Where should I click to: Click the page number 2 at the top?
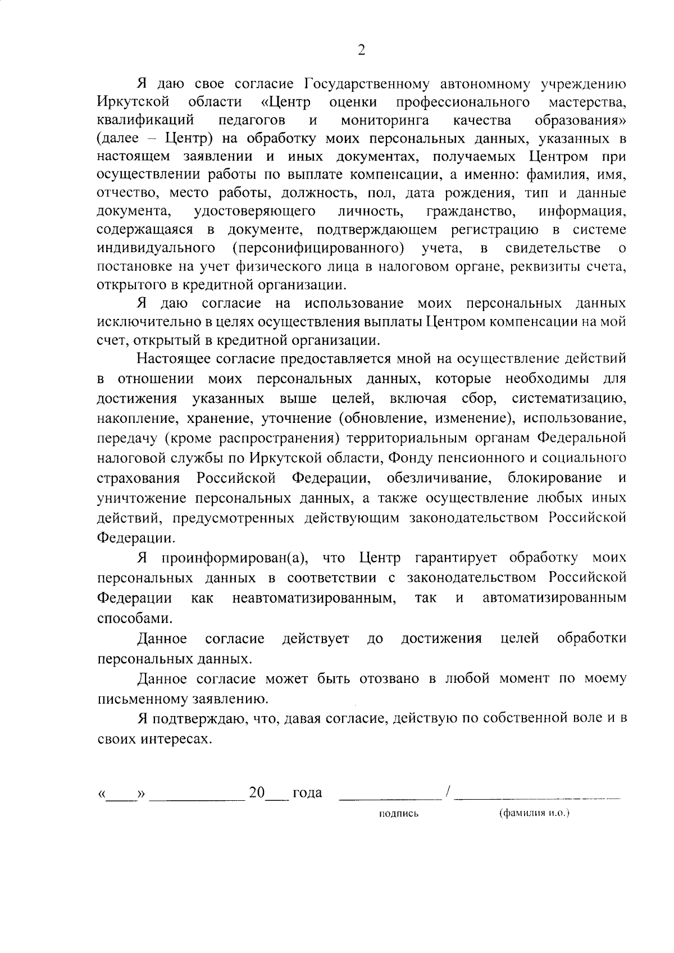tap(361, 50)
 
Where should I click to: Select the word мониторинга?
tap(385, 120)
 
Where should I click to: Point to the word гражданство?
tap(471, 212)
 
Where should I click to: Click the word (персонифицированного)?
tap(318, 248)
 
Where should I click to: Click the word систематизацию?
tap(569, 399)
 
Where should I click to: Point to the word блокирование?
tap(554, 478)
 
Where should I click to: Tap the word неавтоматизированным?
tap(314, 598)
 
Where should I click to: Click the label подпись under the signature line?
tap(399, 813)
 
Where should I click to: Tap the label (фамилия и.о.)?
tap(534, 813)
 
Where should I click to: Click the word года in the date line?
tap(307, 792)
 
